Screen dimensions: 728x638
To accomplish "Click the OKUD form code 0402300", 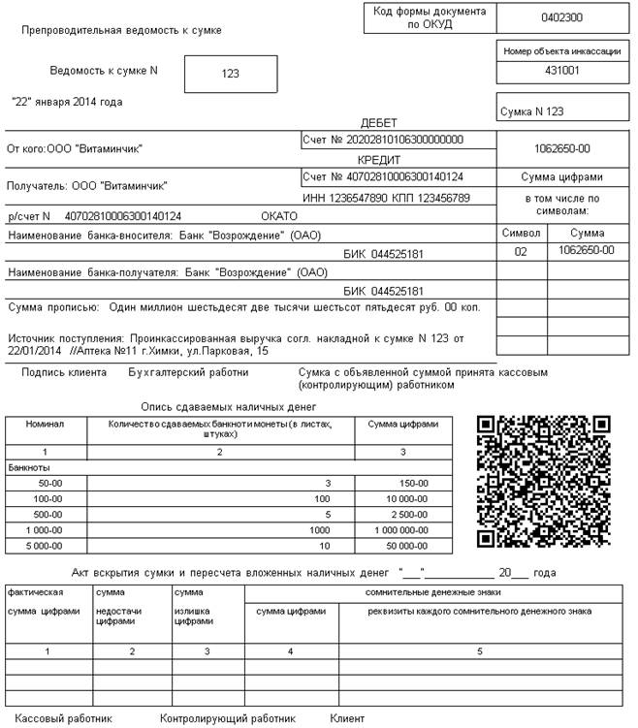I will click(561, 17).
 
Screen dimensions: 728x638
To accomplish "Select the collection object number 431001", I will click(561, 71).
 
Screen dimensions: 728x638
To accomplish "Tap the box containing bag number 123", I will click(230, 73).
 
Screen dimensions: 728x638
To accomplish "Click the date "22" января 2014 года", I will click(67, 102).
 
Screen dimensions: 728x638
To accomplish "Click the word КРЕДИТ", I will click(385, 160).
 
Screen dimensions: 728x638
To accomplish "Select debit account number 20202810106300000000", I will click(408, 141).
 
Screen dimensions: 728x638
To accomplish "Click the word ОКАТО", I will click(280, 216).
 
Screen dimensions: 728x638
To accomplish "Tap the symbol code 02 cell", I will click(521, 251).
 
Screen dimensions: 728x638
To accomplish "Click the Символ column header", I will click(521, 234).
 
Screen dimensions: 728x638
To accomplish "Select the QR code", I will click(546, 481).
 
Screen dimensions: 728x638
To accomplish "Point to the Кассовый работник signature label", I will click(64, 718).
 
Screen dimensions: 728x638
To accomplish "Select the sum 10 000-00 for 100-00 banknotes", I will click(406, 499).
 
